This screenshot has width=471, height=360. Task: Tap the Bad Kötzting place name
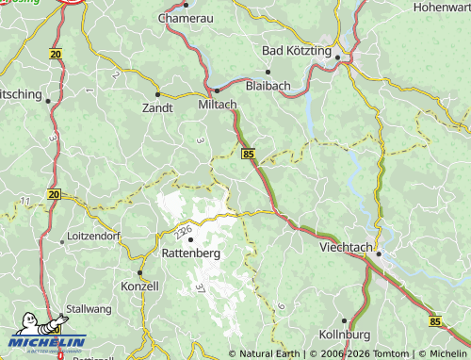click(x=297, y=49)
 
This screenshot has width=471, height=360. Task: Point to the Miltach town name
click(x=219, y=104)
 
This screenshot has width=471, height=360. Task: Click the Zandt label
click(x=156, y=107)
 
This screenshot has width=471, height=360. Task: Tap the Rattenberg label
click(x=191, y=254)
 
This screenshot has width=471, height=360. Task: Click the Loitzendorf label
click(x=94, y=237)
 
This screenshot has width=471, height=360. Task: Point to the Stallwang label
click(x=90, y=319)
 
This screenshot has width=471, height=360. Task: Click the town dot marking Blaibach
click(x=268, y=71)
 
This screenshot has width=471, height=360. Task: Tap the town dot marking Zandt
click(x=157, y=94)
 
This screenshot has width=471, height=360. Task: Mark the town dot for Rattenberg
click(x=191, y=239)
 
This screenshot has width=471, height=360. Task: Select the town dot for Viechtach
click(x=379, y=254)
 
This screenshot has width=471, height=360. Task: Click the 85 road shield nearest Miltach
click(x=248, y=153)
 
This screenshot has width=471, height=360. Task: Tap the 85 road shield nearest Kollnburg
click(x=435, y=321)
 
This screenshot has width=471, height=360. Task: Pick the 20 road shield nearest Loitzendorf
click(x=54, y=194)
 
